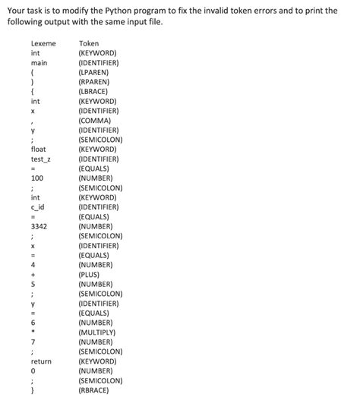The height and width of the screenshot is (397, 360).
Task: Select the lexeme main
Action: (39, 63)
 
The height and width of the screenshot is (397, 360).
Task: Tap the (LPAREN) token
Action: (96, 73)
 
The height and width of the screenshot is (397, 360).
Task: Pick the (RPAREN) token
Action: (96, 82)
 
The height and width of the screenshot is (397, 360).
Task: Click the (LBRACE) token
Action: (96, 92)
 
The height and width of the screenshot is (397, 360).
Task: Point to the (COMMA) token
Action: (96, 121)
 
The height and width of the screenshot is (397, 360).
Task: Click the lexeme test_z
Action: (41, 159)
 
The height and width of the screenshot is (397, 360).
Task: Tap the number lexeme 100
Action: (36, 178)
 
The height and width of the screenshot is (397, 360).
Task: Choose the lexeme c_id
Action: (38, 207)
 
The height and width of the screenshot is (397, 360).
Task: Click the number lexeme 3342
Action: (39, 226)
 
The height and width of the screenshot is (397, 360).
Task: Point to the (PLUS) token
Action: (92, 275)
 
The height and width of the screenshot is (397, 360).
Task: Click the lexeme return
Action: (41, 361)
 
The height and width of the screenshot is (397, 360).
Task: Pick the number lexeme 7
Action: (33, 342)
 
